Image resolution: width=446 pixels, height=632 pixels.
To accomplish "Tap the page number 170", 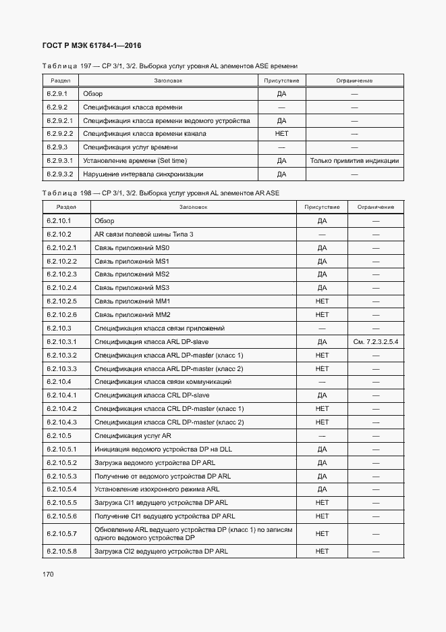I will pos(49,574).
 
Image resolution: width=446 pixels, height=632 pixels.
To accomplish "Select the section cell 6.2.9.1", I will pos(57,94).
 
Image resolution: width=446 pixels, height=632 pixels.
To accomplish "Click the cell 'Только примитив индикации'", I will pos(354,161).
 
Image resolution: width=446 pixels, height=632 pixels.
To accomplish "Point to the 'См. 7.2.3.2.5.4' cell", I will pos(376,342).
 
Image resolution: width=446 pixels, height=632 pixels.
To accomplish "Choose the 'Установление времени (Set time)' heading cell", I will pos(135,161).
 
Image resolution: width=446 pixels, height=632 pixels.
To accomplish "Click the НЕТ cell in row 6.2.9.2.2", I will pos(281,134).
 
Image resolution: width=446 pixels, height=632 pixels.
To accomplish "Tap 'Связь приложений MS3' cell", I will pos(132,288).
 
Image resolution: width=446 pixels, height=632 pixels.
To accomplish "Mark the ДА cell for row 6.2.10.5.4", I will pos(322,489).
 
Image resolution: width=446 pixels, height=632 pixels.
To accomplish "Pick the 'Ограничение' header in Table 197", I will pos(354,80).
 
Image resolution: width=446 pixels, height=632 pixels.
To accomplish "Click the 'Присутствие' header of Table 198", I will pos(322,207).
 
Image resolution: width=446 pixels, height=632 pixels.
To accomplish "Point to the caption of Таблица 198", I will pos(161,193).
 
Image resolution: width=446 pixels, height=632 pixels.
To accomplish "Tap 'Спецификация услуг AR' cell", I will pos(133,436).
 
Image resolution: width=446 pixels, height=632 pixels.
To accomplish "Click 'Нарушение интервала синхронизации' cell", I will pos(143,174).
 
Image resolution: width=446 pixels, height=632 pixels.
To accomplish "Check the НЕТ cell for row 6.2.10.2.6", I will pos(322,315).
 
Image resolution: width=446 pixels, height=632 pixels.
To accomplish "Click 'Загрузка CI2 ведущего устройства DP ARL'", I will pos(161,552).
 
